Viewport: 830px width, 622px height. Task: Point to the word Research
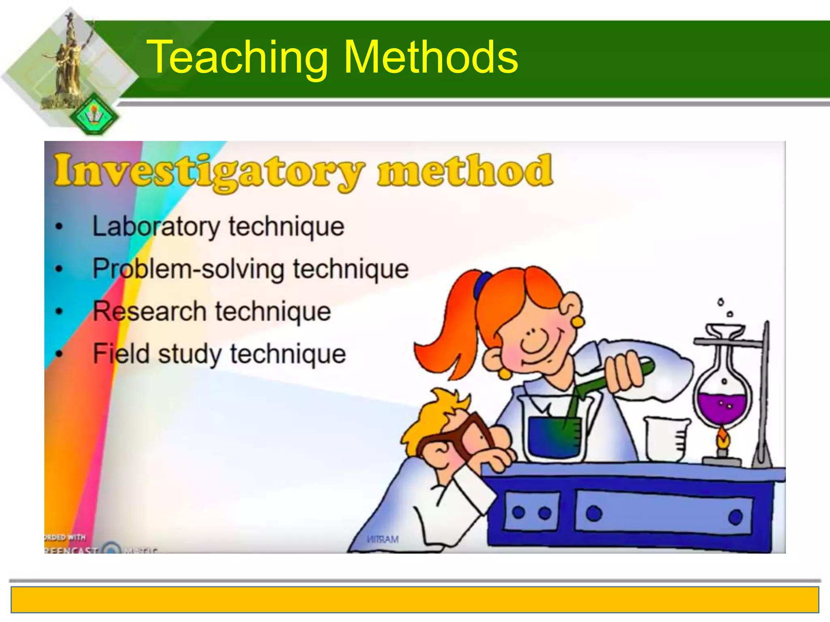(150, 311)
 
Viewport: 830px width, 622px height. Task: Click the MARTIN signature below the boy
(383, 539)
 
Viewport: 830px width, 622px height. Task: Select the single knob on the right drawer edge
(735, 517)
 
